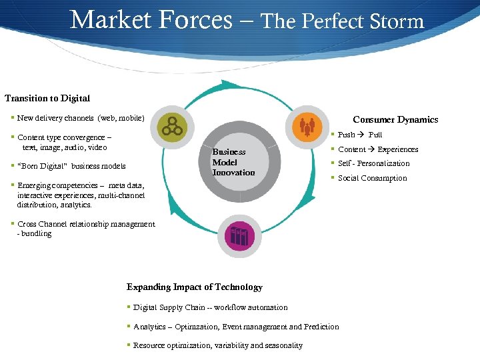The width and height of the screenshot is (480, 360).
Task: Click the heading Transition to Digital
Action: click(x=47, y=98)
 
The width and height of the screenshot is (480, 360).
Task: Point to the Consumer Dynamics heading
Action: click(x=395, y=119)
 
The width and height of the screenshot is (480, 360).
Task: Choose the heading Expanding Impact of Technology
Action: click(x=195, y=287)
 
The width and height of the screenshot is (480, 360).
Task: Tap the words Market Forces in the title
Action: click(x=151, y=19)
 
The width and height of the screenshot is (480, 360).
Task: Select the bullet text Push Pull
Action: click(x=360, y=135)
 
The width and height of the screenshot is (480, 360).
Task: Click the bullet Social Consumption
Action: click(x=372, y=178)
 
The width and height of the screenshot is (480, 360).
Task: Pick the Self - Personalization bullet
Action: click(x=373, y=163)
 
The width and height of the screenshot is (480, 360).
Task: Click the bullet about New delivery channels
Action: click(x=81, y=118)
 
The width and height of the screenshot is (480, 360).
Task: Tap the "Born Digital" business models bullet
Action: click(x=71, y=165)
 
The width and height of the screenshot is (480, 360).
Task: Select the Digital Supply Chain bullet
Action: click(x=210, y=307)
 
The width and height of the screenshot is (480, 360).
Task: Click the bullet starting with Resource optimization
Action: click(x=217, y=345)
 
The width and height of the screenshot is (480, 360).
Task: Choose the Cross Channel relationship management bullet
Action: click(x=86, y=225)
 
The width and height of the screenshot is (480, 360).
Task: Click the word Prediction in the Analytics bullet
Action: click(x=321, y=327)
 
